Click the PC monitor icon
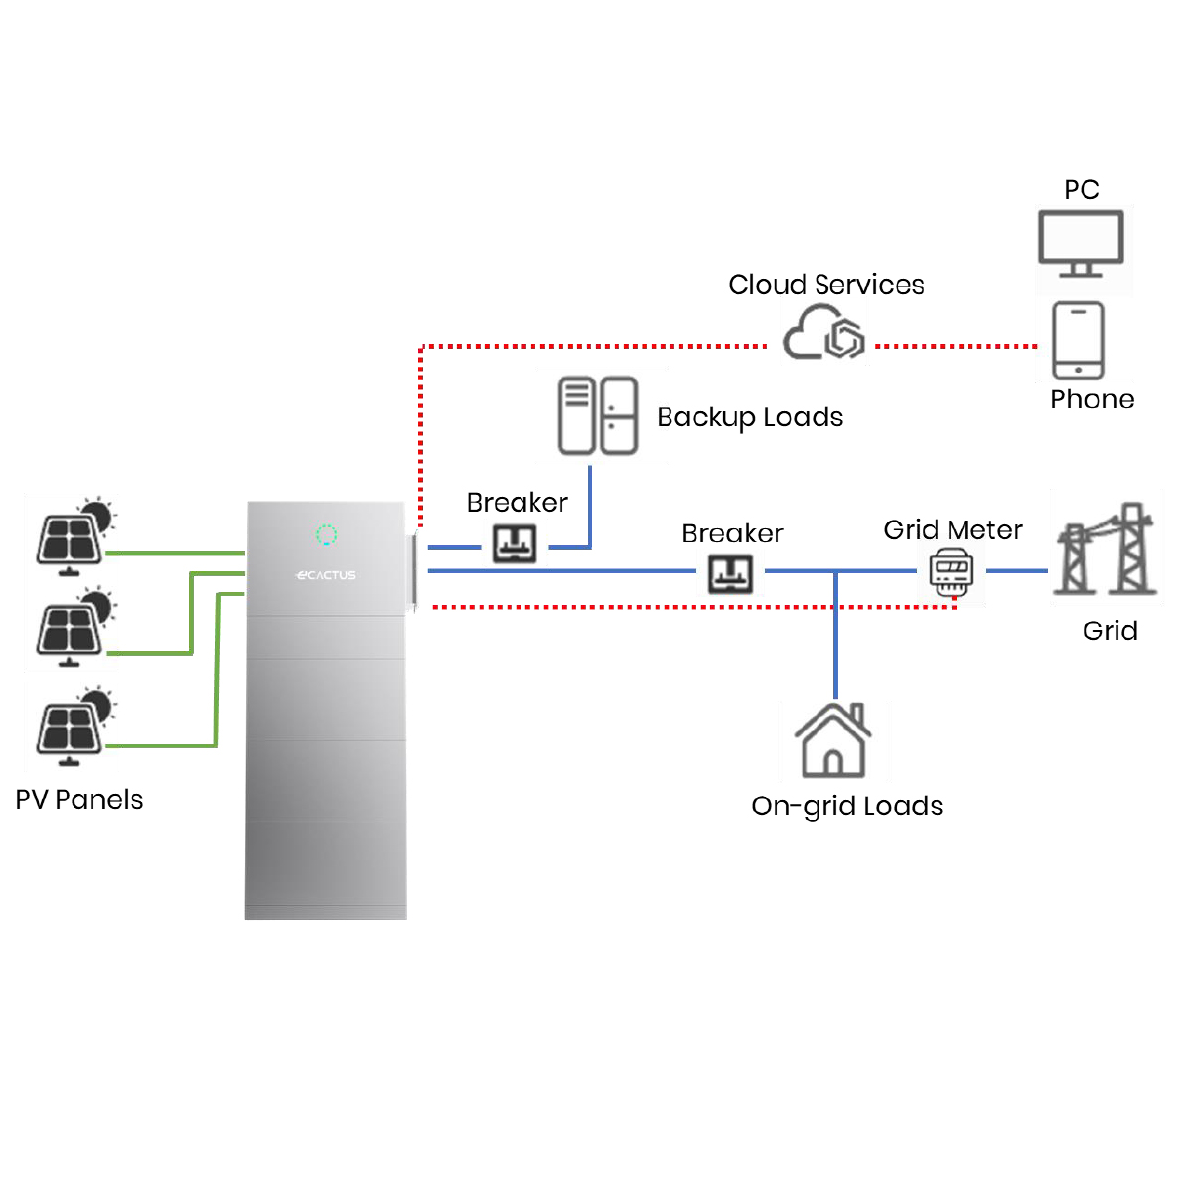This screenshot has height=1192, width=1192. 1081,242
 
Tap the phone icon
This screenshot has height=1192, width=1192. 1079,341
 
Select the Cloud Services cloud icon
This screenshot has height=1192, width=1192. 823,334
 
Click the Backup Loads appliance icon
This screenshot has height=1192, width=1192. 598,416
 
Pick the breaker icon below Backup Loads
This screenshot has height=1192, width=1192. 515,543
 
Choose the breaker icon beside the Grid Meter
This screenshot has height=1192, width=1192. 730,573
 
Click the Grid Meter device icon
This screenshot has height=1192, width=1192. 951,571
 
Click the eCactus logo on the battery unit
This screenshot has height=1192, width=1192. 326,575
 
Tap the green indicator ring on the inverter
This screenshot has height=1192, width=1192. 326,535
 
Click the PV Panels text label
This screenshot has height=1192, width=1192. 79,800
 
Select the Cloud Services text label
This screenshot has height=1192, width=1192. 826,285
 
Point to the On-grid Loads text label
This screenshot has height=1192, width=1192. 846,806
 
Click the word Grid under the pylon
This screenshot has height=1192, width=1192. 1110,631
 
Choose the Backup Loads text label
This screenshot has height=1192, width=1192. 750,417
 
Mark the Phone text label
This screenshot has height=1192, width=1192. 1092,399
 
